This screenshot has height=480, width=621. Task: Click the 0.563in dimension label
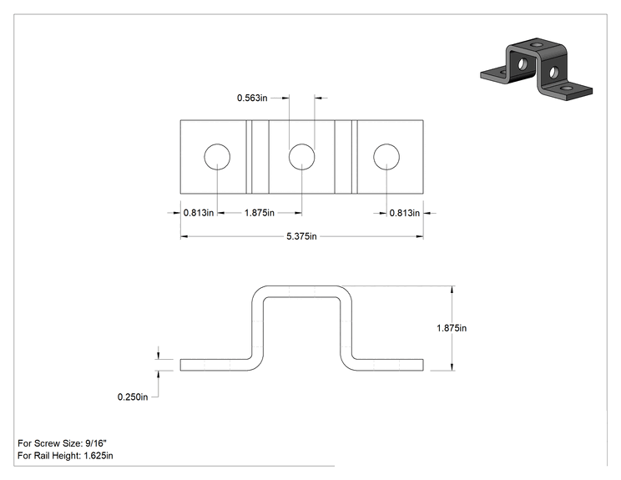[252, 98]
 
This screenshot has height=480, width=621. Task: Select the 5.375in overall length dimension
[301, 236]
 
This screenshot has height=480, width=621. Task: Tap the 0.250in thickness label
[133, 397]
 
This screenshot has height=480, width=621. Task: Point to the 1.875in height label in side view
[452, 328]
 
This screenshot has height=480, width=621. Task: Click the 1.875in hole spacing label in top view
[260, 213]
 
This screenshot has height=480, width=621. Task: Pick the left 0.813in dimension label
[199, 213]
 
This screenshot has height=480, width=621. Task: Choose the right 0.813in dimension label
[404, 213]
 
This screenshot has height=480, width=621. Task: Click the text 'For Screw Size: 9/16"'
[62, 443]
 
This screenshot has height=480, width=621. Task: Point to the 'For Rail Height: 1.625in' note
[65, 456]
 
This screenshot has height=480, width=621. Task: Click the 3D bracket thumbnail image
[536, 69]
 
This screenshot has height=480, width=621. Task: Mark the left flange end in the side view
[181, 365]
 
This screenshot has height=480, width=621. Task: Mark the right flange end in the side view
[422, 365]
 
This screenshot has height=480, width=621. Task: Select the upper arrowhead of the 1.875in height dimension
[452, 290]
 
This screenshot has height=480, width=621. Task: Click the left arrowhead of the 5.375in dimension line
[184, 237]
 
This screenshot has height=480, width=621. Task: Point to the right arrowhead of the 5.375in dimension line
[419, 237]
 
